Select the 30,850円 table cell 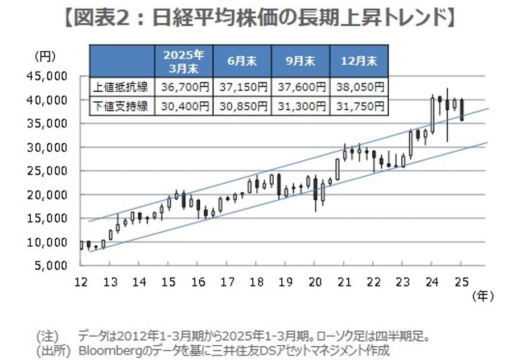(241, 106)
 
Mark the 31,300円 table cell (301, 106)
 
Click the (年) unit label (482, 296)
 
